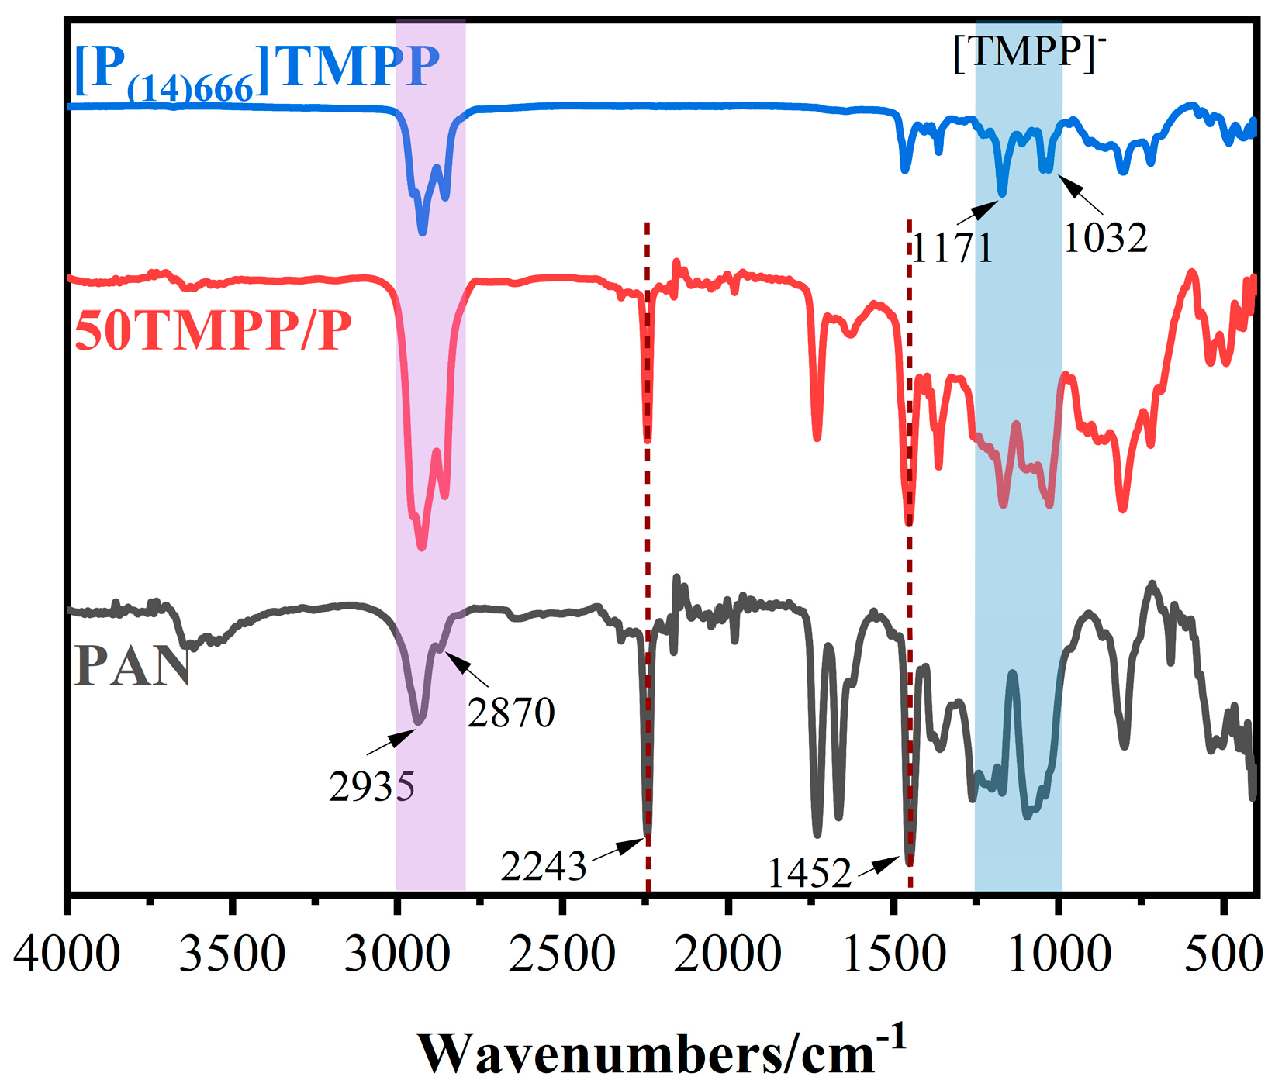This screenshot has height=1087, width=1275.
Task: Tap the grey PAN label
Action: click(133, 666)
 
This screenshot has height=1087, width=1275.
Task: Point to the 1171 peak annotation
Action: click(952, 249)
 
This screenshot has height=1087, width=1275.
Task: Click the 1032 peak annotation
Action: click(1105, 238)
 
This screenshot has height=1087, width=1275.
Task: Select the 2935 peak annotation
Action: click(371, 787)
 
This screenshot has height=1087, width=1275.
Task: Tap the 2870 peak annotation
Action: click(511, 713)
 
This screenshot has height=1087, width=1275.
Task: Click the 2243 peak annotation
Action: click(543, 866)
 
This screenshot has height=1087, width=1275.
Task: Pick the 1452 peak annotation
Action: click(810, 874)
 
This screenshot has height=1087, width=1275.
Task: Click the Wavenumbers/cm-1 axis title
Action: click(662, 1051)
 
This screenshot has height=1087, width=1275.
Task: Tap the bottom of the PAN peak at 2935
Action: click(419, 722)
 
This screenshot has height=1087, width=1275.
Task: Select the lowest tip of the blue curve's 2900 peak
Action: click(422, 232)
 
